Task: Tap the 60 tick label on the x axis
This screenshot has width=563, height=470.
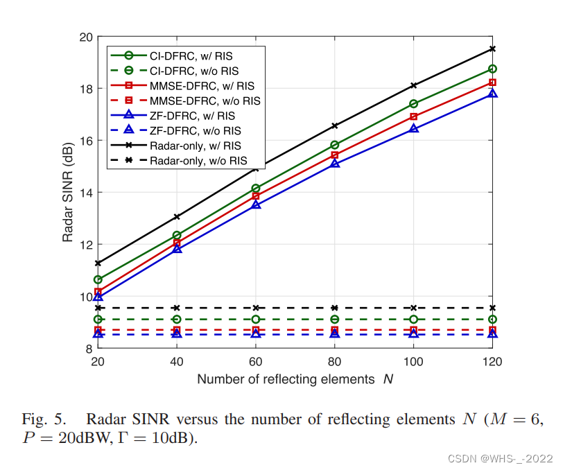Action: click(256, 362)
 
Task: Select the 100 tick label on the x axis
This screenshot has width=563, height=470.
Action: click(414, 362)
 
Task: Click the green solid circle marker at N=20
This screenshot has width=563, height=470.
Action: click(98, 279)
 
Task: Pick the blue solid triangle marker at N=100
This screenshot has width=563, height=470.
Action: click(414, 128)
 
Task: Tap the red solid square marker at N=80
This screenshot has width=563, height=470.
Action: click(335, 155)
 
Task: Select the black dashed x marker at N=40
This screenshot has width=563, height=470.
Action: click(177, 308)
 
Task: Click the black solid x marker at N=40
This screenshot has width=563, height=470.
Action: click(177, 217)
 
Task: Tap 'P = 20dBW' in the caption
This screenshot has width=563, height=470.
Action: click(58, 439)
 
